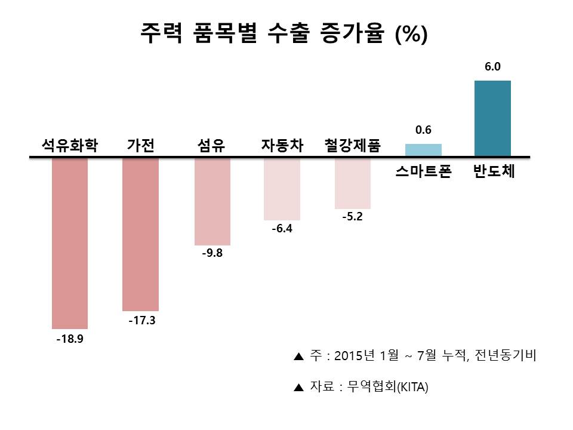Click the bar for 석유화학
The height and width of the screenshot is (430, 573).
[70, 243]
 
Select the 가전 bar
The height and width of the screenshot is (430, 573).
[140, 234]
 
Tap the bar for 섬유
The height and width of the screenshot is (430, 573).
[212, 202]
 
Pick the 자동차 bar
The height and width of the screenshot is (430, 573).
[282, 189]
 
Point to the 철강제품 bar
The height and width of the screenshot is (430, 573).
[352, 183]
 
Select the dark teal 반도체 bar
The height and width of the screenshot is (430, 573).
[492, 119]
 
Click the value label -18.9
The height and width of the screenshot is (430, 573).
[70, 339]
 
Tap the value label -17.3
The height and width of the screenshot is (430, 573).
[141, 321]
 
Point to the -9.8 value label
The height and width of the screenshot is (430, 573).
[212, 253]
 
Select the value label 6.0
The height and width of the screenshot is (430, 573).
[492, 68]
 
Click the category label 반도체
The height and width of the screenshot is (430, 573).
[493, 173]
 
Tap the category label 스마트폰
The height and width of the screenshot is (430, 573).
[423, 173]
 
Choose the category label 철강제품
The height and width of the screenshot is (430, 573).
[352, 146]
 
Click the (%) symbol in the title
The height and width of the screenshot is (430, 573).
[411, 34]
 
